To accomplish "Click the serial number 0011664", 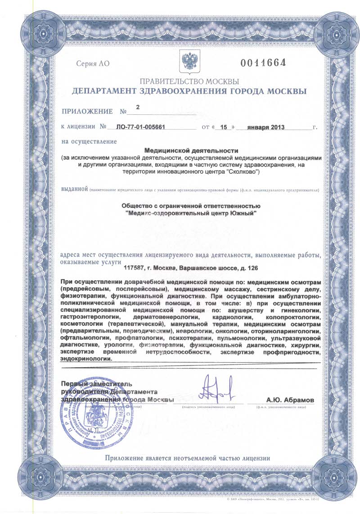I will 263,63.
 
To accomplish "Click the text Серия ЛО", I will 93,63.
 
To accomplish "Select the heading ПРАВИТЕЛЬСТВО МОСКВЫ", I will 189,81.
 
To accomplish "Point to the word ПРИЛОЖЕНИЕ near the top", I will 87,111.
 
